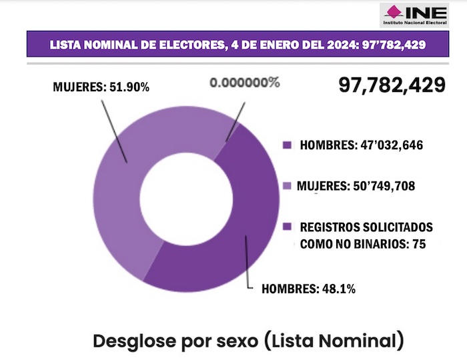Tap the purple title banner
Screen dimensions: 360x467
[x=238, y=45]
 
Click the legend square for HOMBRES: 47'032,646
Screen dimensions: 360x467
[x=287, y=145]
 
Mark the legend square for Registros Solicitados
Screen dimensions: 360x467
[x=287, y=227]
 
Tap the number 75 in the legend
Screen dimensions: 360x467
[x=418, y=244]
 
